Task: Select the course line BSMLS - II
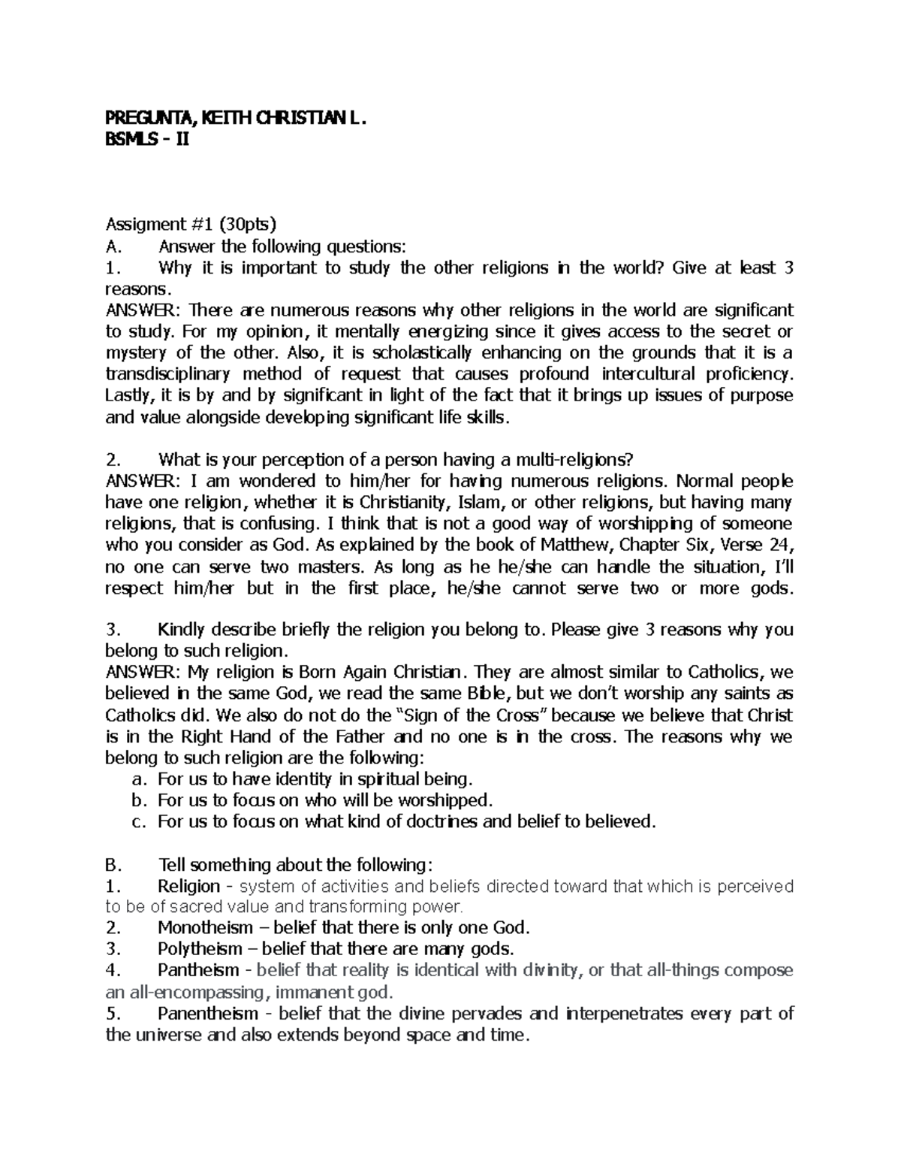click(148, 138)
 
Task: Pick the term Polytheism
click(200, 948)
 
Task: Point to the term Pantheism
click(199, 970)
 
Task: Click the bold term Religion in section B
click(188, 887)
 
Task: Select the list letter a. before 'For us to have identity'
click(137, 779)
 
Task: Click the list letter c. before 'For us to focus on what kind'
click(137, 822)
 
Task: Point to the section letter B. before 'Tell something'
click(113, 864)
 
